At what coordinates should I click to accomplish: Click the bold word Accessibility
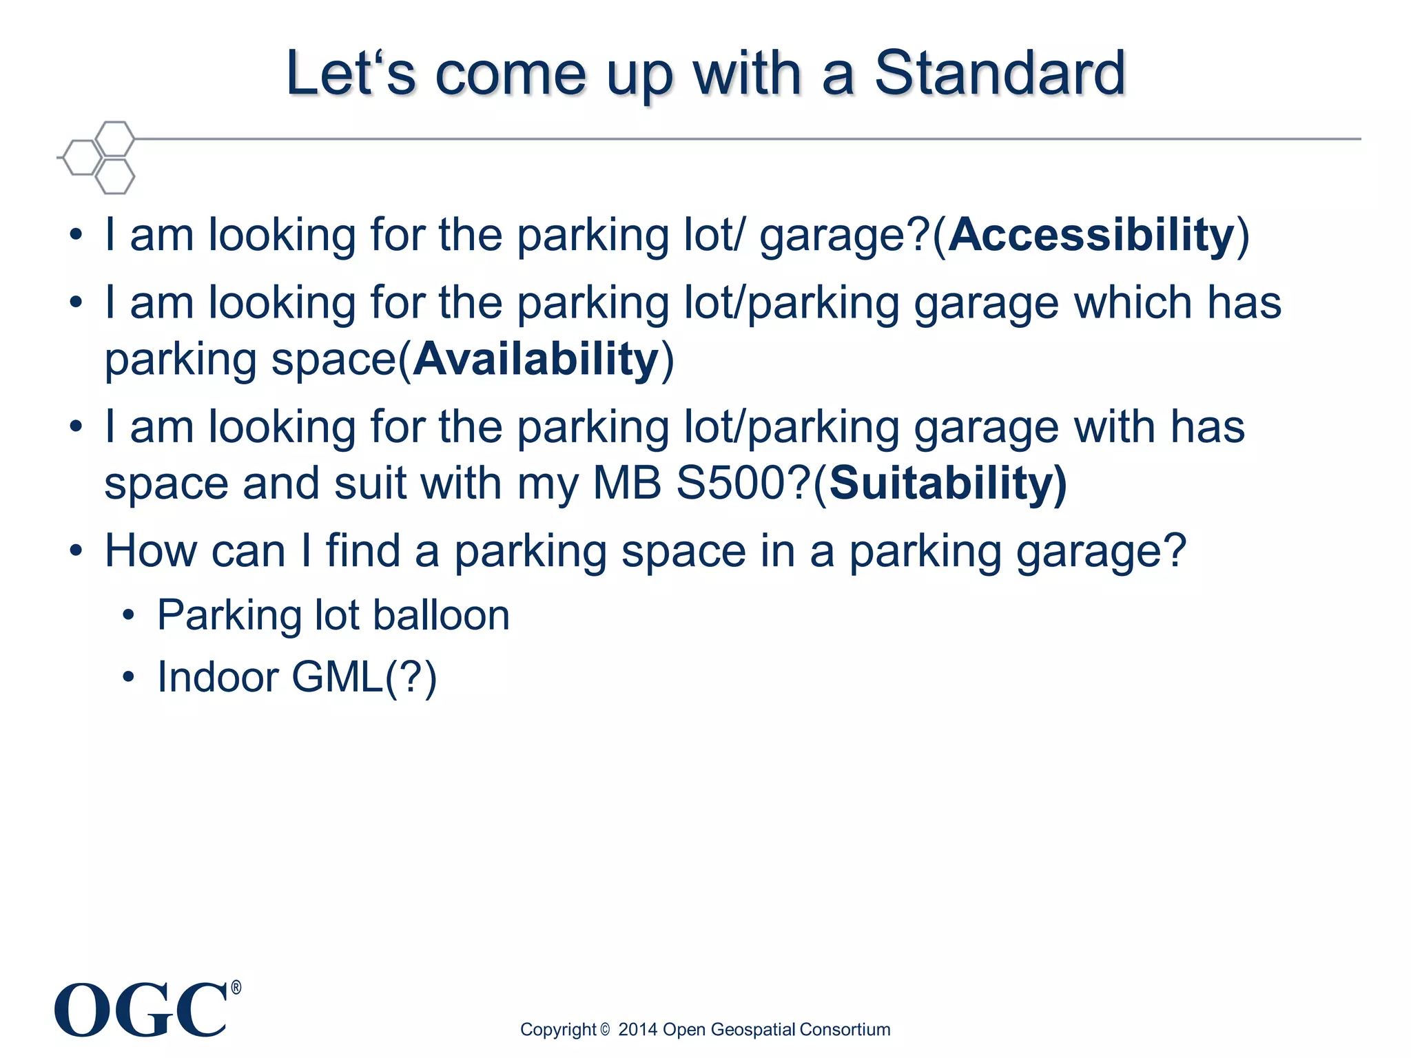point(1091,235)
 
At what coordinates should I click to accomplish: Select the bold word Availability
point(536,360)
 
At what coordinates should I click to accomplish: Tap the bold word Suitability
point(947,483)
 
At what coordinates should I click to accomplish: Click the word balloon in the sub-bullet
point(441,615)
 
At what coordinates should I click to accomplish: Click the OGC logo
point(141,1010)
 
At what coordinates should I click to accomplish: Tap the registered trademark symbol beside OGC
point(236,988)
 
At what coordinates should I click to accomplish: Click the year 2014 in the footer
point(637,1030)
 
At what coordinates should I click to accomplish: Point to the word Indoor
point(218,677)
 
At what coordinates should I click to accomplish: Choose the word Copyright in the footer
point(558,1030)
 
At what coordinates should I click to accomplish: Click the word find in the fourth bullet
point(362,552)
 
